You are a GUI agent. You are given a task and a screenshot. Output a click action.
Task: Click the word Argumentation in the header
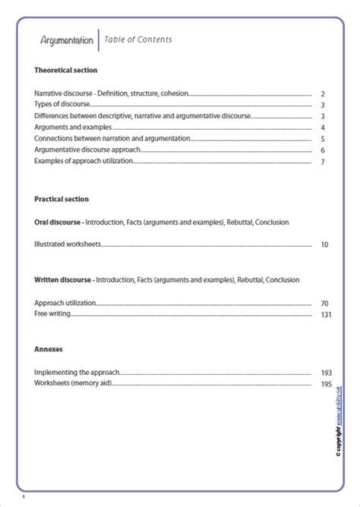pyautogui.click(x=68, y=40)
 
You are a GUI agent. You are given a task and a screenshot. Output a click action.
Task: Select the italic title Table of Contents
pyautogui.click(x=137, y=39)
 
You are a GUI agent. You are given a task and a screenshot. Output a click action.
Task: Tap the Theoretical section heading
pyautogui.click(x=66, y=70)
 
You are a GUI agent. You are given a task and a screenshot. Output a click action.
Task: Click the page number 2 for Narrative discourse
pyautogui.click(x=323, y=93)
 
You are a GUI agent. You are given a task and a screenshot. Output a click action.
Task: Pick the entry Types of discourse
pyautogui.click(x=62, y=105)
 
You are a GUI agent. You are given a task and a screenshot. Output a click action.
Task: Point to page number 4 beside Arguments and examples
pyautogui.click(x=323, y=128)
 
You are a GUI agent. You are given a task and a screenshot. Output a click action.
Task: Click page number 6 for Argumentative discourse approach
pyautogui.click(x=323, y=151)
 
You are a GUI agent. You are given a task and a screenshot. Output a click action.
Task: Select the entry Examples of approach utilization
pyautogui.click(x=87, y=162)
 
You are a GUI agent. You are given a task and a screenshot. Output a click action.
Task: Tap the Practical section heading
pyautogui.click(x=62, y=199)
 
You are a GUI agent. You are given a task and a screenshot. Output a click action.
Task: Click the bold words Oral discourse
pyautogui.click(x=58, y=222)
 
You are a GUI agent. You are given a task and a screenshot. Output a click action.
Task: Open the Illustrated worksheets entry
pyautogui.click(x=68, y=245)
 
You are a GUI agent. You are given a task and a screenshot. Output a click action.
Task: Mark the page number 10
pyautogui.click(x=324, y=246)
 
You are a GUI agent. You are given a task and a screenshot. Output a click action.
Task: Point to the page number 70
pyautogui.click(x=324, y=304)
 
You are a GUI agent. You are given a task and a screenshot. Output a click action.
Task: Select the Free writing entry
pyautogui.click(x=51, y=314)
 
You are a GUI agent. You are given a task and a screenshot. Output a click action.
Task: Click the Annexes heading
pyautogui.click(x=48, y=350)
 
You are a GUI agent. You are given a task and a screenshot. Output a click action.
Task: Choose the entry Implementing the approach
pyautogui.click(x=77, y=373)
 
